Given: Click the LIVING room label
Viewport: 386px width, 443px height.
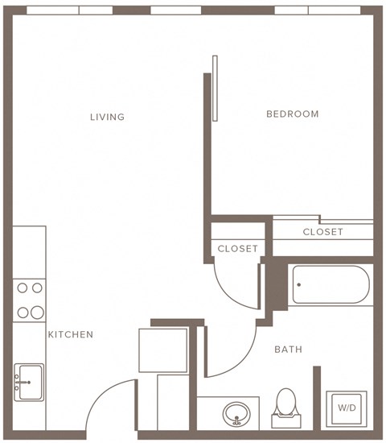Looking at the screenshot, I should [x=107, y=118].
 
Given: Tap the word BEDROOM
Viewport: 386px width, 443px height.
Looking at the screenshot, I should [x=293, y=114].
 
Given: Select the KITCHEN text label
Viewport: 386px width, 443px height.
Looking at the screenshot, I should [x=71, y=335].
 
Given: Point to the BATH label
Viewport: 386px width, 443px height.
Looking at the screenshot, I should [x=288, y=350].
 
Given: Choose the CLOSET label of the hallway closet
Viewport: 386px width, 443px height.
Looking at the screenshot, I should [x=238, y=249].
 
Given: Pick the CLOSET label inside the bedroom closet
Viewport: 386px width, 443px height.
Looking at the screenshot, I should [x=322, y=232].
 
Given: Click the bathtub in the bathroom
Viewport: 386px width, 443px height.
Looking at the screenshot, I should [x=331, y=285].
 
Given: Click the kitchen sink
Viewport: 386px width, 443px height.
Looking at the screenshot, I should [x=28, y=379].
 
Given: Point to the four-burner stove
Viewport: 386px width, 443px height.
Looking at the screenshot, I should [x=29, y=300].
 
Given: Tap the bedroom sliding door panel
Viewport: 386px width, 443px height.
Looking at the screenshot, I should [x=215, y=88].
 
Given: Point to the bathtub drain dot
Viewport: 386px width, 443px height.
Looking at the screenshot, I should [x=299, y=284].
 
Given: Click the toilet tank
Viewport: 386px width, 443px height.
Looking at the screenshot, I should [x=286, y=420].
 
